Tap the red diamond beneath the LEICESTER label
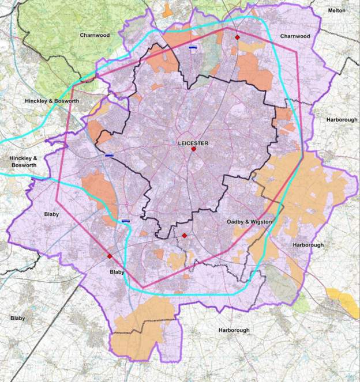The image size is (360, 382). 194,149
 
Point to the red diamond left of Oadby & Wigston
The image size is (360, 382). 185,235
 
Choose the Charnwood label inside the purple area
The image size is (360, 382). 295,36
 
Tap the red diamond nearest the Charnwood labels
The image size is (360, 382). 237,37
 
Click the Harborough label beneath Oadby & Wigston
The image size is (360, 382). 309,244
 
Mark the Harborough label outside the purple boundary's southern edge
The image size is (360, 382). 234,330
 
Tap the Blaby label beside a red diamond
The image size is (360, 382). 117,271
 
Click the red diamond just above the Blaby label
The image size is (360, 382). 110,256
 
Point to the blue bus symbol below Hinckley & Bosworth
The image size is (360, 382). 110,155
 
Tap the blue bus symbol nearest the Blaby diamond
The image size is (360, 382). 125,220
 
